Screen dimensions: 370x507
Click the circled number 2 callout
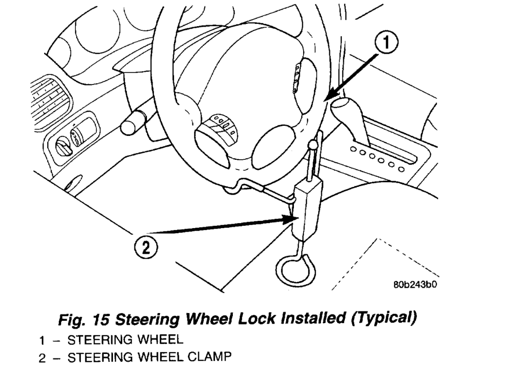click(x=146, y=248)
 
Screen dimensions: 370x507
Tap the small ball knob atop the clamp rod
click(x=313, y=146)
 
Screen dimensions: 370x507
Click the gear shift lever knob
click(x=345, y=108)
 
